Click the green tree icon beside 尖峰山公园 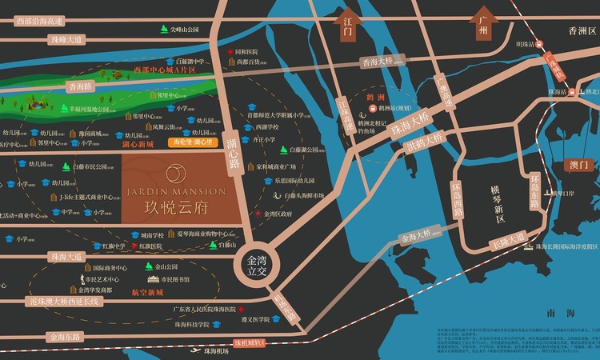163,30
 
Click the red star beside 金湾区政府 258,214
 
